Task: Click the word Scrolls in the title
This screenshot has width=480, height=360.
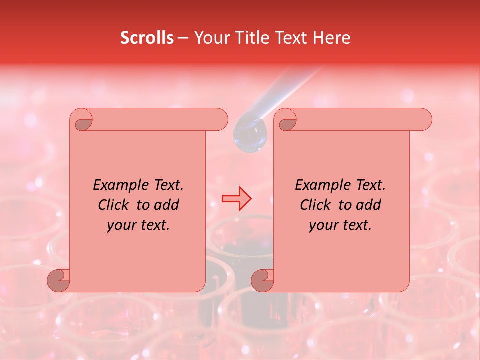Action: [147, 38]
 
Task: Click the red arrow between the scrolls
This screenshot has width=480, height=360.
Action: [236, 198]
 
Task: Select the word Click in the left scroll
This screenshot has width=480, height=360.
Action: [114, 205]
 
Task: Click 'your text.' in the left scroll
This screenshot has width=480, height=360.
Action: [138, 225]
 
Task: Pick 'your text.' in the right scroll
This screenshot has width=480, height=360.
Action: [340, 225]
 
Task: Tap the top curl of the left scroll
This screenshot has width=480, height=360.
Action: [82, 120]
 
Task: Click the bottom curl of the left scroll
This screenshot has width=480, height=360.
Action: [59, 280]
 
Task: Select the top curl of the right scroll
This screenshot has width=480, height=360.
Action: [286, 120]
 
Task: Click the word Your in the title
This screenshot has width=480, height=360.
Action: [209, 38]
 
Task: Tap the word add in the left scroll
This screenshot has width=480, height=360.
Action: [167, 205]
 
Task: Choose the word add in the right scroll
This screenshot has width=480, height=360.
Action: [369, 205]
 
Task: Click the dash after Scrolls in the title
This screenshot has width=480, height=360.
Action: [183, 38]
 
